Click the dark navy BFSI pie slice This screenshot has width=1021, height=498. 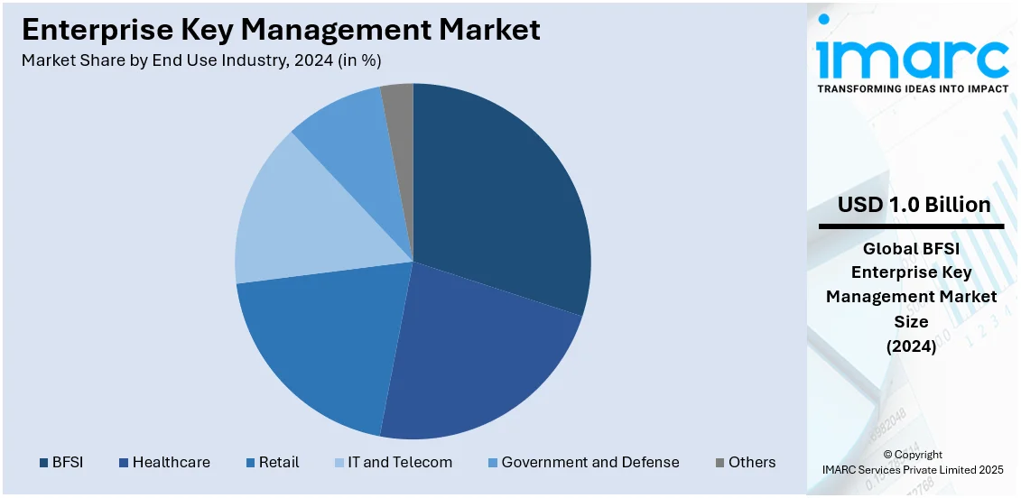tap(501, 198)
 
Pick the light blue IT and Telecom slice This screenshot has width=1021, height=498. tap(298, 217)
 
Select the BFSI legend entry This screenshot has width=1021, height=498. tap(61, 462)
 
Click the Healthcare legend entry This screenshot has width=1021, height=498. tap(164, 462)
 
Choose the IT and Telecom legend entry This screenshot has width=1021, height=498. tap(394, 462)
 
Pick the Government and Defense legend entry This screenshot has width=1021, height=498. tap(582, 462)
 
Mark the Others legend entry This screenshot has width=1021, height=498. tap(745, 462)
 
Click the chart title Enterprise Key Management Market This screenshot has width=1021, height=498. tap(281, 31)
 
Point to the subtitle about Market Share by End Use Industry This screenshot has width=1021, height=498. tap(201, 60)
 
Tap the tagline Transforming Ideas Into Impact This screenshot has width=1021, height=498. tap(913, 88)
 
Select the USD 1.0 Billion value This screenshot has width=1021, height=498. tap(914, 205)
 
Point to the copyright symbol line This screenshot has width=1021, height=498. tap(912, 455)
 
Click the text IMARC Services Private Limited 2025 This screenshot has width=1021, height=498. tap(912, 469)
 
